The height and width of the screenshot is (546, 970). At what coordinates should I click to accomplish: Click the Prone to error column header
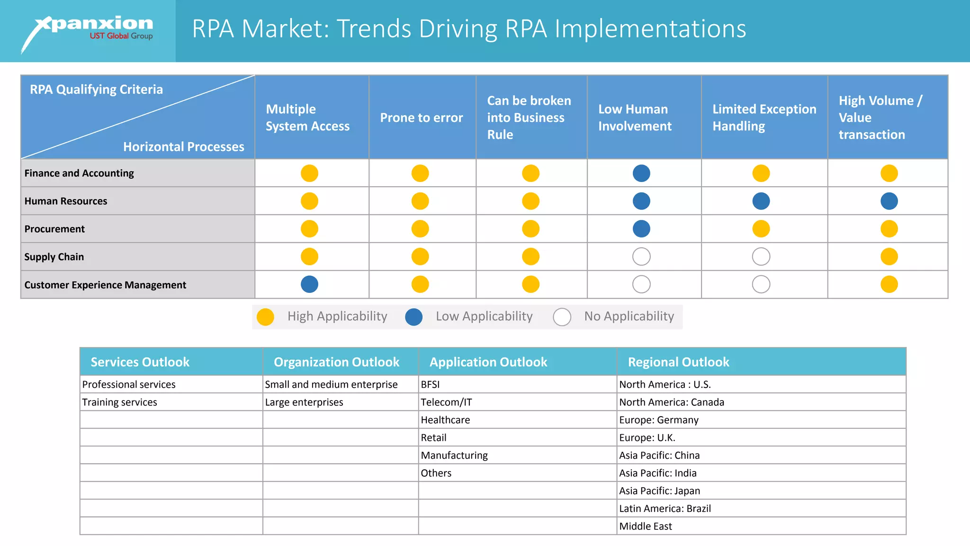421,118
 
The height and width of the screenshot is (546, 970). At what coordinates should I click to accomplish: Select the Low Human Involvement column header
634,118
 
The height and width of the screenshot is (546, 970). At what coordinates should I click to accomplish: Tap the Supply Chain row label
54,257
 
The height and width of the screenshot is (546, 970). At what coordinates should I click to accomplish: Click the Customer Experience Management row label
105,285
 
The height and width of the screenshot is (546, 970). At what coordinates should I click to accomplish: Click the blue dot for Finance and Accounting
641,173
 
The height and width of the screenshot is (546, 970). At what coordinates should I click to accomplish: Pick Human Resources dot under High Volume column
889,201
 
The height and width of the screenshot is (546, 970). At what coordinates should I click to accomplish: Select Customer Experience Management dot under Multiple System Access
309,284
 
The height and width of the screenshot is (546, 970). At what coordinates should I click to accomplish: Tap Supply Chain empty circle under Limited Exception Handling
761,257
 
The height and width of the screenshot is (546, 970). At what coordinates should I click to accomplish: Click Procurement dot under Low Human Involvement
641,229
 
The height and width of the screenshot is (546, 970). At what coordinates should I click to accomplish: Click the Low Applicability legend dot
413,317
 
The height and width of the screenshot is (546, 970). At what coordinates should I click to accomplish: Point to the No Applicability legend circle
562,317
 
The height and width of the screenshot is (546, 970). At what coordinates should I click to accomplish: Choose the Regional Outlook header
678,362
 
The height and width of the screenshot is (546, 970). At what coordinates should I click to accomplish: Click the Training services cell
120,402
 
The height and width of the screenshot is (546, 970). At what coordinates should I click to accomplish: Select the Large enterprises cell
304,402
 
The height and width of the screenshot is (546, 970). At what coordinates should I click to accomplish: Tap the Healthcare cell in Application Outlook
445,420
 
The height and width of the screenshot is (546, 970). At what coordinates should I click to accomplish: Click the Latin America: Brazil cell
665,509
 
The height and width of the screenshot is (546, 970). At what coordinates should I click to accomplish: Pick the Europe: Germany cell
658,420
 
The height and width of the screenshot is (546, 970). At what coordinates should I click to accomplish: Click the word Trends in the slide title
374,29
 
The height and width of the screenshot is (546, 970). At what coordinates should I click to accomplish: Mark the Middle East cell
646,526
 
